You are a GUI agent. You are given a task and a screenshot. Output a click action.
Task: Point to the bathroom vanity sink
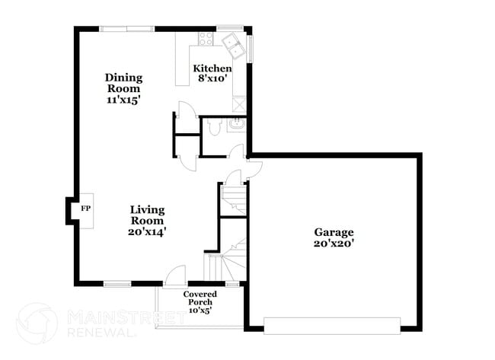tap(236, 123)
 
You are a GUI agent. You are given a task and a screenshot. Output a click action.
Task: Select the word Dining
tap(123, 78)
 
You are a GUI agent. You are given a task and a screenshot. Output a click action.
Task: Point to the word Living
tap(148, 209)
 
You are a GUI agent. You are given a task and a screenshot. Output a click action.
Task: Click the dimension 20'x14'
tap(148, 232)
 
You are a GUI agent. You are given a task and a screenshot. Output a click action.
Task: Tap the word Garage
tap(334, 232)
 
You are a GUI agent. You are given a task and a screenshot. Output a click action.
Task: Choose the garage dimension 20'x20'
tap(334, 244)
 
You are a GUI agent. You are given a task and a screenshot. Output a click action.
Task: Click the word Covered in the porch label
tap(200, 294)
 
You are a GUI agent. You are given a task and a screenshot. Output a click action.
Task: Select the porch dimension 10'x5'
tap(200, 311)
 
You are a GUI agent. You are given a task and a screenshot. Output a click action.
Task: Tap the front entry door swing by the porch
tap(176, 274)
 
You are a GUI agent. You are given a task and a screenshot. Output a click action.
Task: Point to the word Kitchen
tap(211, 68)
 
